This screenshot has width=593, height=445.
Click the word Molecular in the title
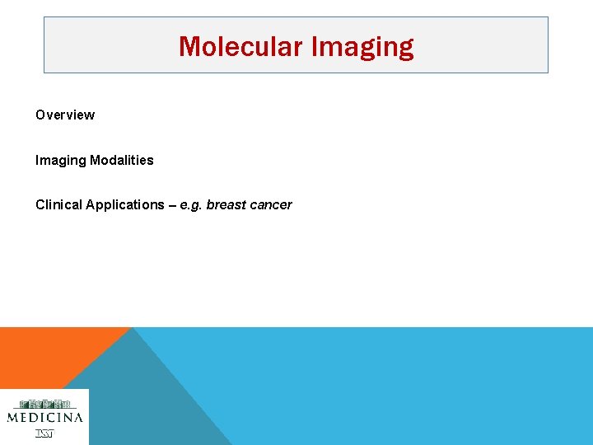[241, 46]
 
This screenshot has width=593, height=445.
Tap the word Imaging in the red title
[362, 47]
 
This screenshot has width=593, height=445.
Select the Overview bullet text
[65, 115]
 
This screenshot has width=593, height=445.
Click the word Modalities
[122, 160]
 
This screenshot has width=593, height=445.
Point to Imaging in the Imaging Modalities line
[61, 160]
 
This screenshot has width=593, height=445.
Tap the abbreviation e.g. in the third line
[191, 205]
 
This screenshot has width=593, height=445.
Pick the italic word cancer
[273, 204]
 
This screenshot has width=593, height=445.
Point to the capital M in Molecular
[189, 46]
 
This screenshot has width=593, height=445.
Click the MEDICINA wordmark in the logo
[44, 418]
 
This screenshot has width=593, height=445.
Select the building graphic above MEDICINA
[44, 404]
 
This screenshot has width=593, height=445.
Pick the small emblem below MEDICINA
[44, 433]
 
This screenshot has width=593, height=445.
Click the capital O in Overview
[40, 115]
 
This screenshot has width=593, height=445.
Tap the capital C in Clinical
[40, 204]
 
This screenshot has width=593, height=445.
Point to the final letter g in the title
[405, 49]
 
